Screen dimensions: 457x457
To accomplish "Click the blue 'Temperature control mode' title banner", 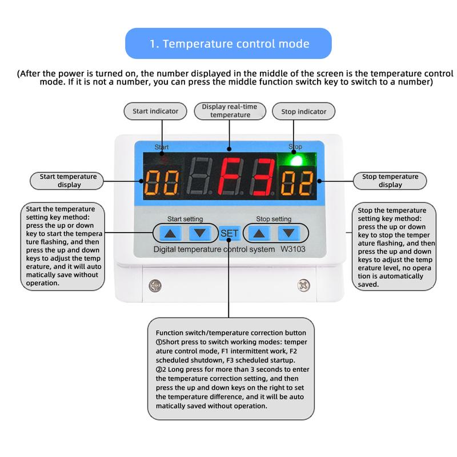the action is pyautogui.click(x=228, y=43).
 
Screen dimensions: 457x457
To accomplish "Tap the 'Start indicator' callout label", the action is pyautogui.click(x=155, y=111).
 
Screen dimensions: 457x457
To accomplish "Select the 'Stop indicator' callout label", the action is pyautogui.click(x=303, y=111).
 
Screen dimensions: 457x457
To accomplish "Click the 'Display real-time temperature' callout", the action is pyautogui.click(x=230, y=111).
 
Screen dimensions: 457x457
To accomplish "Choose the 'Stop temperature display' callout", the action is pyautogui.click(x=390, y=181).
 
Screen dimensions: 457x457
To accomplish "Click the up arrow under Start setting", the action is pyautogui.click(x=170, y=233).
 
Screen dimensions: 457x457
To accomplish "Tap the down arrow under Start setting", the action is pyautogui.click(x=200, y=233).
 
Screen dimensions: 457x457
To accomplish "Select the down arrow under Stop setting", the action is pyautogui.click(x=289, y=233).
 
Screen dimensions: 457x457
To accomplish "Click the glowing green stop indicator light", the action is pyautogui.click(x=296, y=161).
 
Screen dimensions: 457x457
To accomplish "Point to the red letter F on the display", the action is pyautogui.click(x=231, y=177).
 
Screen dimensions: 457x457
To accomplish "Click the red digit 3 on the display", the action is pyautogui.click(x=263, y=177).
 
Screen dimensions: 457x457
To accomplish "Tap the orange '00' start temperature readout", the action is pyautogui.click(x=162, y=183).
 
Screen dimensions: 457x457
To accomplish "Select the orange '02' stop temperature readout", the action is pyautogui.click(x=297, y=183).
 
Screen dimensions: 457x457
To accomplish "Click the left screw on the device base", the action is pyautogui.click(x=155, y=285).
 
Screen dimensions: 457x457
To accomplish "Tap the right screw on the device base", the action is pyautogui.click(x=303, y=285).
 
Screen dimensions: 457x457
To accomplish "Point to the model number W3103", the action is pyautogui.click(x=293, y=249).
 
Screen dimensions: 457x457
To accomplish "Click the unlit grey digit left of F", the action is pyautogui.click(x=199, y=177).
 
